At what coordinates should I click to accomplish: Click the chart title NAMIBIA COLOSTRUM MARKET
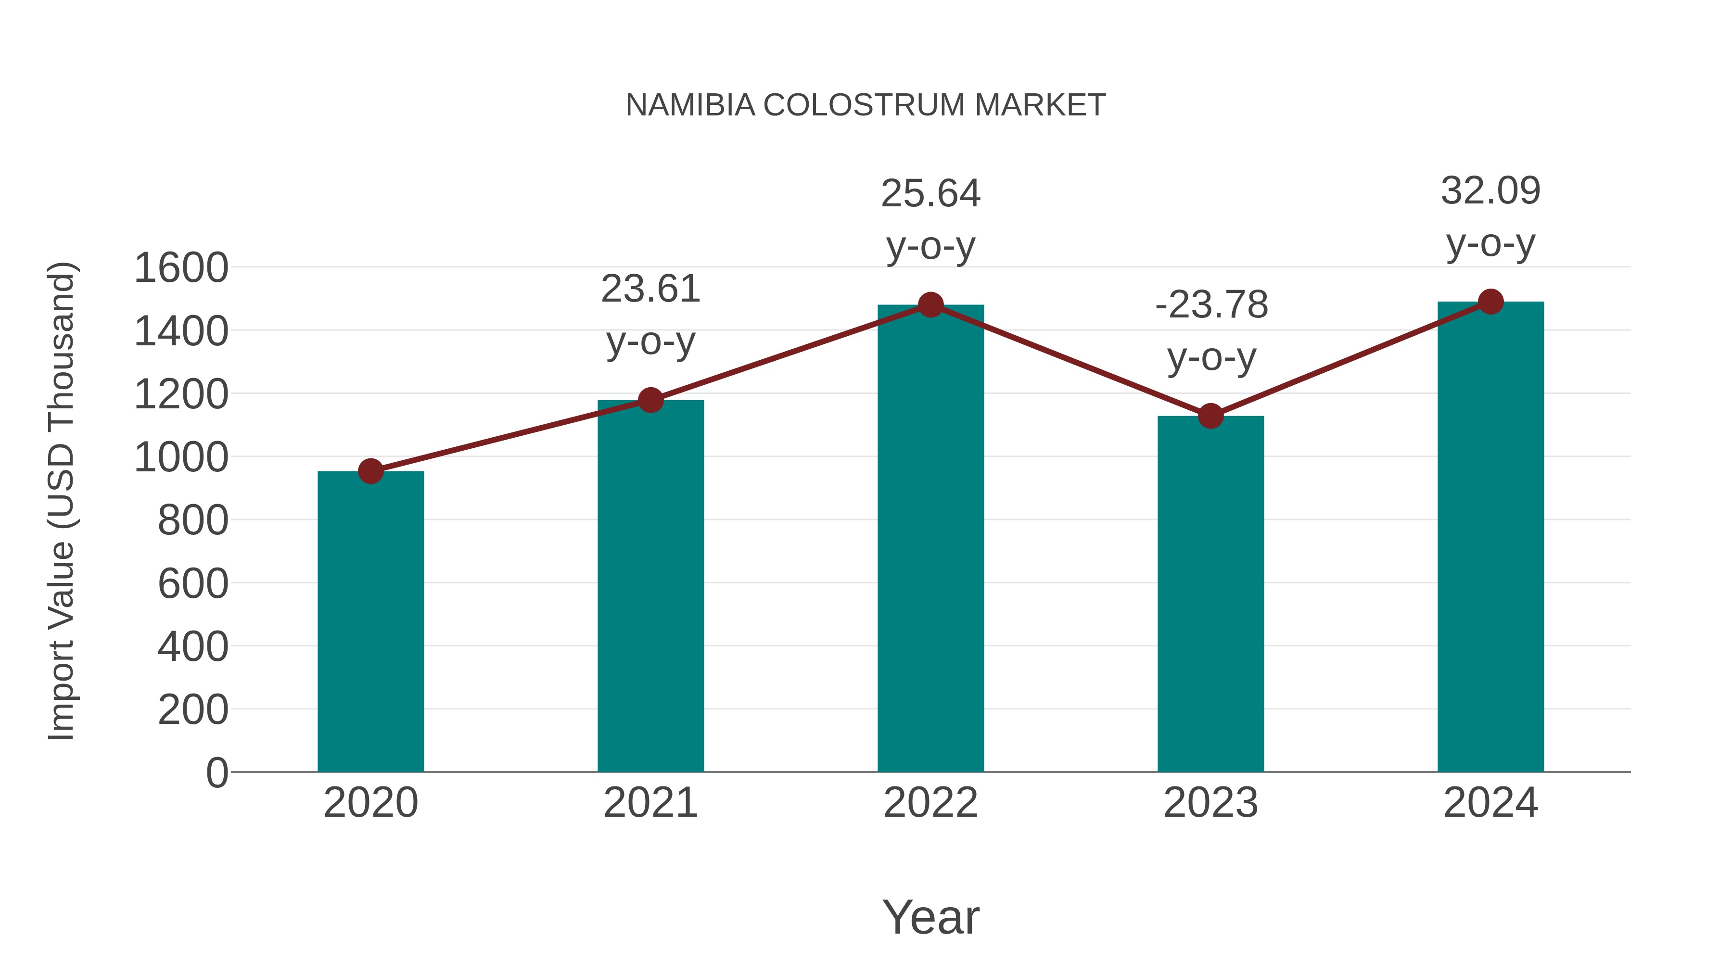(x=866, y=105)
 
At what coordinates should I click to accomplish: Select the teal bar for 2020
(x=370, y=622)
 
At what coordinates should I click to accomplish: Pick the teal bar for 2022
(x=930, y=538)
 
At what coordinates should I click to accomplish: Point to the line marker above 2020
(x=370, y=471)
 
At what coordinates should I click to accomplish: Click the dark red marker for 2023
(x=1210, y=416)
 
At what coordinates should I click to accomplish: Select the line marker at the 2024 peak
(x=1490, y=302)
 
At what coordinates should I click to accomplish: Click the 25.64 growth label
(x=930, y=194)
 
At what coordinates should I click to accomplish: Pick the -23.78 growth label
(x=1211, y=305)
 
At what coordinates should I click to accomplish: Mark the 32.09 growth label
(x=1490, y=191)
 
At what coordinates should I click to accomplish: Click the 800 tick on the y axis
(x=192, y=520)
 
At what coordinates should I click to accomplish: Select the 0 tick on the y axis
(x=216, y=772)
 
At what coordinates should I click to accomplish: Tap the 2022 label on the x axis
(x=930, y=803)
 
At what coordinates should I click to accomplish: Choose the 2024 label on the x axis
(x=1490, y=803)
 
